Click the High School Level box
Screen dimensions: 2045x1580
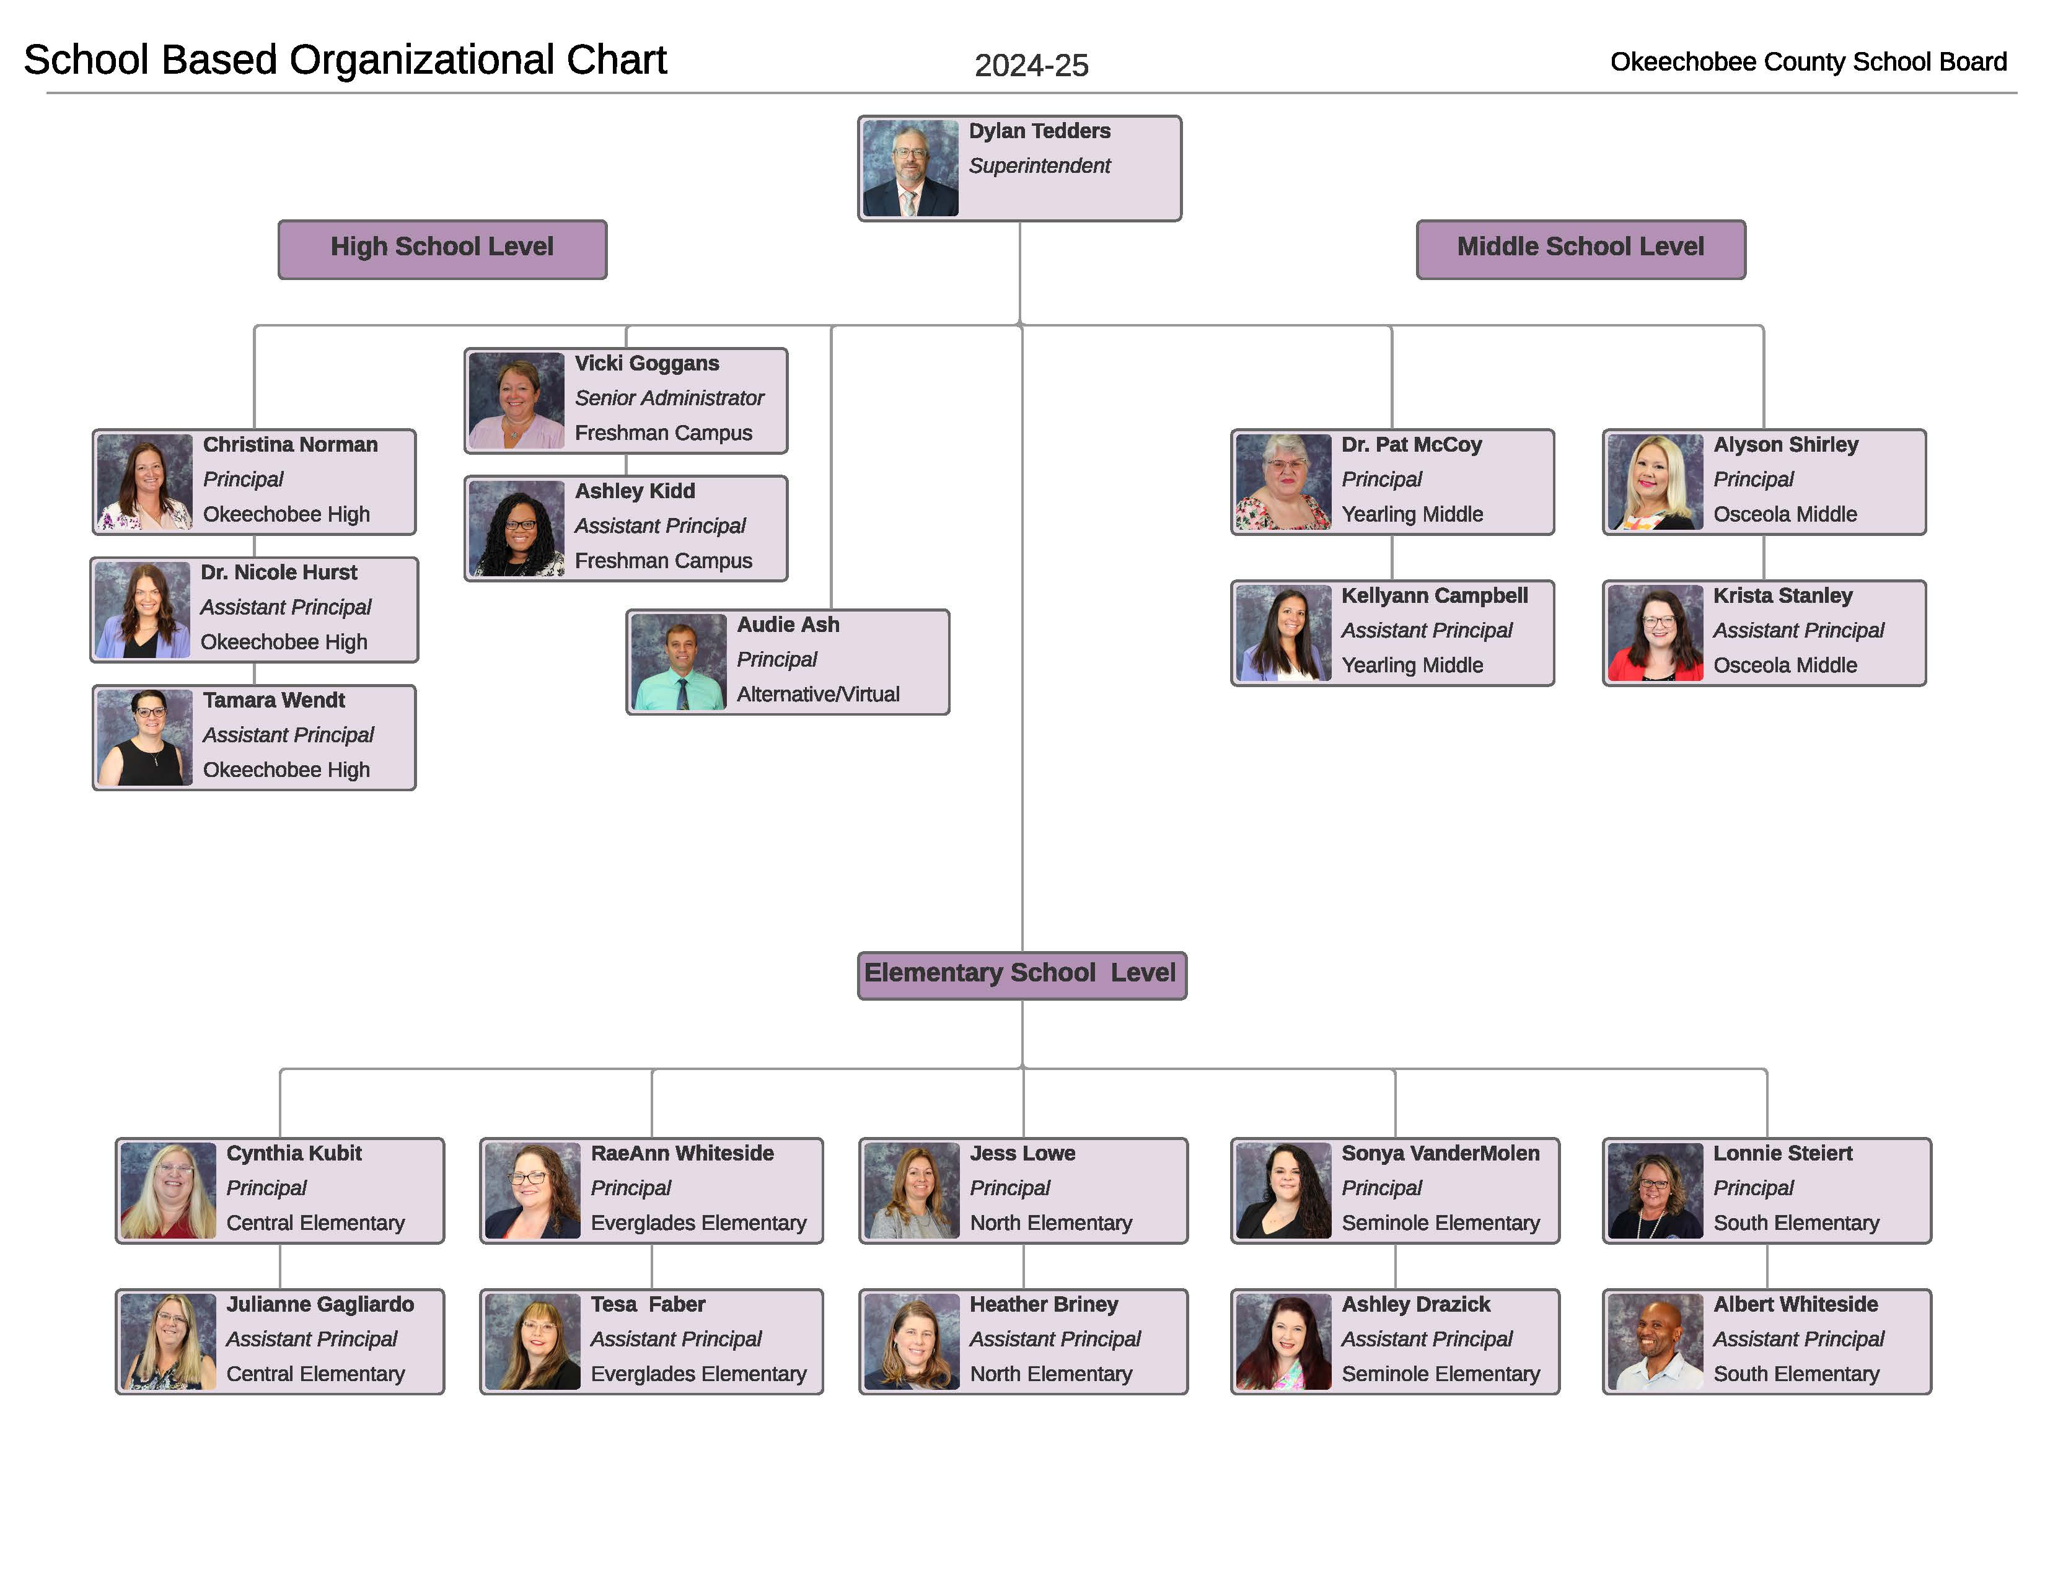click(442, 249)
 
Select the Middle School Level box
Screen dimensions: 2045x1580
click(1581, 249)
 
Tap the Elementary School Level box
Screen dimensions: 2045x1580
click(1021, 975)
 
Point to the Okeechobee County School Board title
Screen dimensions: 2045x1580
click(1808, 62)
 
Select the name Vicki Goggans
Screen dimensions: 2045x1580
click(647, 363)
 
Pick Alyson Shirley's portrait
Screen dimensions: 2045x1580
click(1655, 482)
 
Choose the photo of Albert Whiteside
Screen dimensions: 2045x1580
click(1655, 1342)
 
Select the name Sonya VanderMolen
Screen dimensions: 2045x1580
click(1440, 1153)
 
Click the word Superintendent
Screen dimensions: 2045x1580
click(1039, 165)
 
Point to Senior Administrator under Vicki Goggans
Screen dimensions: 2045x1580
click(669, 398)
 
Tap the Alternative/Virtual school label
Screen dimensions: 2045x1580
click(817, 693)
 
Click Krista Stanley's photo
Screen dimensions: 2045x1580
click(1655, 633)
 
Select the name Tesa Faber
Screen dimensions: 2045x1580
click(648, 1304)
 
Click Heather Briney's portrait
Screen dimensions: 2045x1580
click(911, 1342)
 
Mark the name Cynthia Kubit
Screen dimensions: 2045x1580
click(294, 1153)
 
